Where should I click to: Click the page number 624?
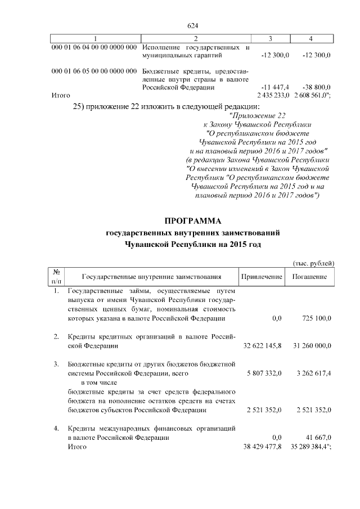pyautogui.click(x=193, y=26)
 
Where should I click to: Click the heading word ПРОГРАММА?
pyautogui.click(x=193, y=220)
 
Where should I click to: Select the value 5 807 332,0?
pyautogui.click(x=264, y=372)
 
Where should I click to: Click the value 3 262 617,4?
pyautogui.click(x=313, y=372)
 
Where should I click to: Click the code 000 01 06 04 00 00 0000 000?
pyautogui.click(x=94, y=47)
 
